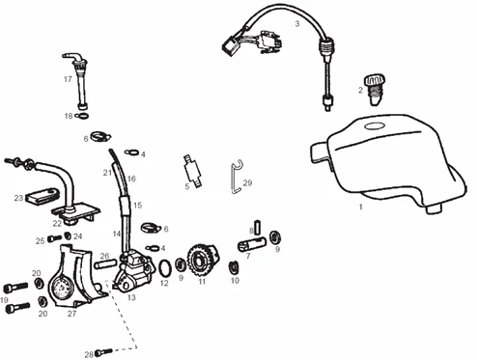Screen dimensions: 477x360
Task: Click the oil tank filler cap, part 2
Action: (375, 90)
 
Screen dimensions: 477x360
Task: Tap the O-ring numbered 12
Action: (165, 268)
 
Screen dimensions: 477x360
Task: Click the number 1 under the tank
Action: (361, 207)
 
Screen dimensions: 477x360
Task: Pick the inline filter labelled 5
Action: (193, 171)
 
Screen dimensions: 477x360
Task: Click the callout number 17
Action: (68, 79)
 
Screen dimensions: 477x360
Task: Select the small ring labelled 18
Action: (82, 116)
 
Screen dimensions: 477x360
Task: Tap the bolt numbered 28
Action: (104, 351)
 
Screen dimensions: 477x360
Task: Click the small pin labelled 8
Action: (258, 227)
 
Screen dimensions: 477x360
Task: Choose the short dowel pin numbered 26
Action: (104, 265)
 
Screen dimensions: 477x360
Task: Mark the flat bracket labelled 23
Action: (42, 197)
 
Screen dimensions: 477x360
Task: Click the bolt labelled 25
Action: (54, 238)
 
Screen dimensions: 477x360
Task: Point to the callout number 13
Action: (131, 297)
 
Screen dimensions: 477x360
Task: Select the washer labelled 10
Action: (234, 267)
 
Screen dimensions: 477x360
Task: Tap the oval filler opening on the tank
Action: (375, 126)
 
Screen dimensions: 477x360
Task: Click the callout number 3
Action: (297, 24)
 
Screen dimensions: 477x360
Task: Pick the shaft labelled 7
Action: (252, 244)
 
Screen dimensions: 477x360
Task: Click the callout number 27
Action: (72, 314)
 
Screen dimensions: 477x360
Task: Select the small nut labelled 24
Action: (68, 235)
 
